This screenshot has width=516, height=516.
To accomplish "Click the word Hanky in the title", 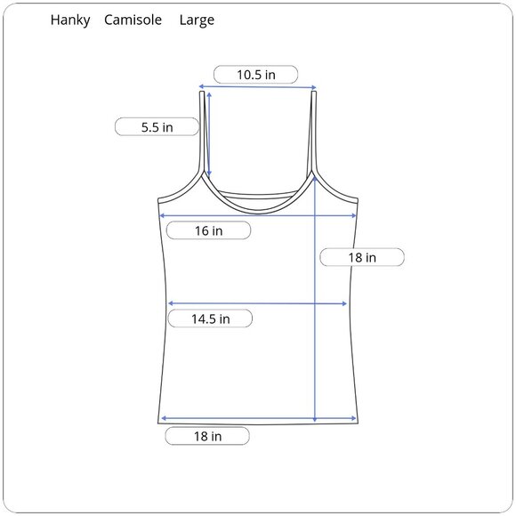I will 70,20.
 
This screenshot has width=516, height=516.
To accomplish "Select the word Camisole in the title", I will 133,20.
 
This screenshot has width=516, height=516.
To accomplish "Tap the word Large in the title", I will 196,20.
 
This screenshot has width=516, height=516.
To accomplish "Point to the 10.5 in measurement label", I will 255,75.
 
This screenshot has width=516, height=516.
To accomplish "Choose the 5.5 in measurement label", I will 157,127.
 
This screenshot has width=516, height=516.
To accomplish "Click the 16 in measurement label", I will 208,231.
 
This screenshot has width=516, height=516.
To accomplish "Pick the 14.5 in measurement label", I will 210,318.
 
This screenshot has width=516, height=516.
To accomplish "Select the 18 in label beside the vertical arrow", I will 361,257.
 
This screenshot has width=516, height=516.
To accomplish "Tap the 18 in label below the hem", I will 206,437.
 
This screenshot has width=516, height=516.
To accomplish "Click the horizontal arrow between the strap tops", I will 257,87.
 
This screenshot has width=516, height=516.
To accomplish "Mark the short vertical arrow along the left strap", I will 208,133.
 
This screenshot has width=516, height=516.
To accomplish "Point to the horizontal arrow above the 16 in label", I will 257,215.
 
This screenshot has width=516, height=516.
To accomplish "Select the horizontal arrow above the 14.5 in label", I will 257,304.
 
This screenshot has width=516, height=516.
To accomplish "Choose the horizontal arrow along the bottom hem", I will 259,418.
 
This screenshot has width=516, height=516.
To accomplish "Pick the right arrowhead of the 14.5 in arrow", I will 344,304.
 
